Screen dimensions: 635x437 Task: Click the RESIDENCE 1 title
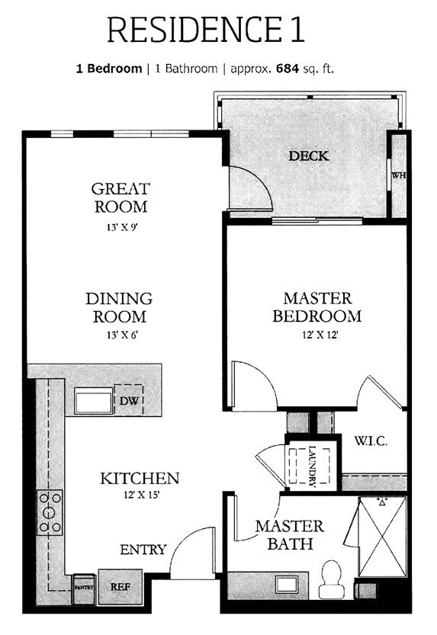tap(206, 30)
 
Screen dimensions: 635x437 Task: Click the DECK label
tap(309, 156)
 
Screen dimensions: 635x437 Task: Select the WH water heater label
tap(398, 175)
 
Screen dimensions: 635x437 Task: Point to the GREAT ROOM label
tap(120, 197)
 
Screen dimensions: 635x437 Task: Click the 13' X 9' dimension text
tap(120, 226)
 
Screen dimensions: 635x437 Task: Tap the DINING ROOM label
tap(119, 307)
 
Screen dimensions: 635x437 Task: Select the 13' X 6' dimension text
tap(119, 335)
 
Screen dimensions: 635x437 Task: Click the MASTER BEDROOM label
tap(317, 307)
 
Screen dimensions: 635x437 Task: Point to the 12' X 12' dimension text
tap(317, 334)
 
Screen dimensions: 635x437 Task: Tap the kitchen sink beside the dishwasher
tap(93, 401)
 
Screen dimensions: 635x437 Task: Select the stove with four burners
tap(50, 512)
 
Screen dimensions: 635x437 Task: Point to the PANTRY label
tap(82, 587)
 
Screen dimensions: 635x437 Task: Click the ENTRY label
tap(143, 550)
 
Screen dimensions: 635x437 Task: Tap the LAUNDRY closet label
tap(312, 465)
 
